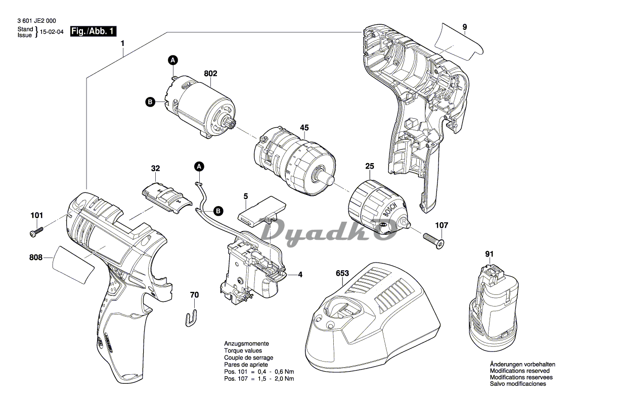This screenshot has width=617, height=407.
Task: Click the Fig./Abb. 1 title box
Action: pos(93,31)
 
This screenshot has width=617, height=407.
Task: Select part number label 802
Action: pos(210,74)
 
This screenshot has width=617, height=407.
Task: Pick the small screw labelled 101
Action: pos(35,233)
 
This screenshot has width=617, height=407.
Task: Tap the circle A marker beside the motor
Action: pos(173,61)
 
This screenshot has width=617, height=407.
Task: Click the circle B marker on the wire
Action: pos(218,211)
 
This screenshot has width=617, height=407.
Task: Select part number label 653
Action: pos(342,273)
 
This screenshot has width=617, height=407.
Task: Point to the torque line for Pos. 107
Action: pos(259,379)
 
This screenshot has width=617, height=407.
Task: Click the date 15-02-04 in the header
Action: pos(52,32)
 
